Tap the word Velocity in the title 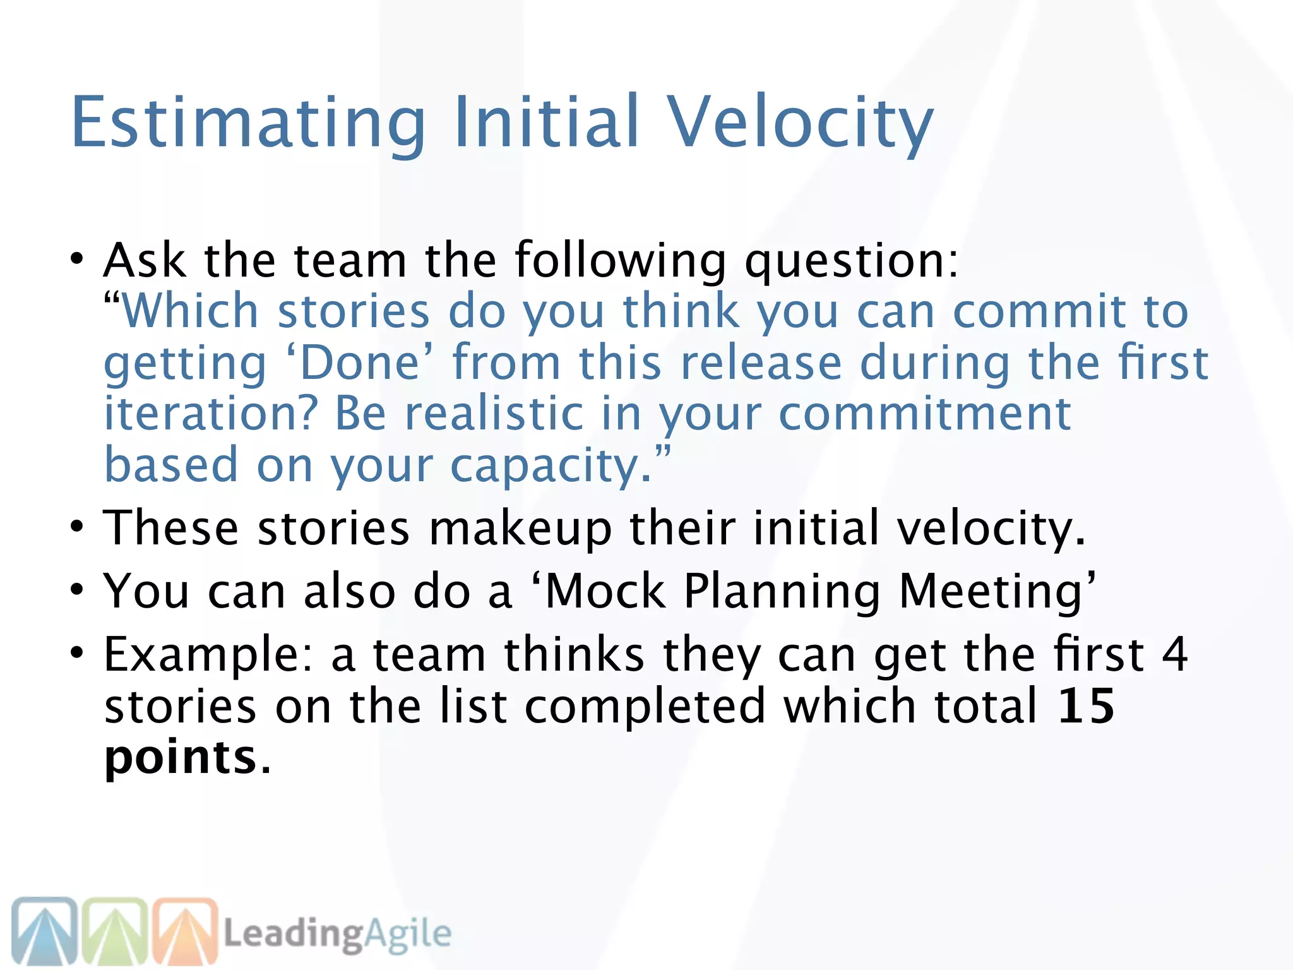tap(800, 122)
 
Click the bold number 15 tap(1086, 706)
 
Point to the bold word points tap(180, 758)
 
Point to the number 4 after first tap(1175, 654)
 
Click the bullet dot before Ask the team tap(76, 259)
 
